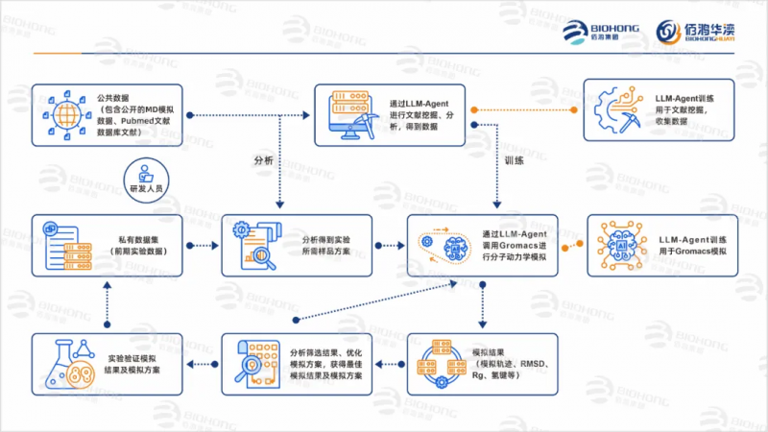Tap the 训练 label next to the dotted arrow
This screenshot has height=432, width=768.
coord(514,160)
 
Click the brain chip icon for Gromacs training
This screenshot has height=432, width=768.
coord(619,245)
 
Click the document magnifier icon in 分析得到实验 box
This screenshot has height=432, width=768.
coord(254,245)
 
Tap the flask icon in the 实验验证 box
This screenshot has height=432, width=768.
coord(63,363)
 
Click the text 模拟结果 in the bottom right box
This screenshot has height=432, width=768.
coord(490,350)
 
